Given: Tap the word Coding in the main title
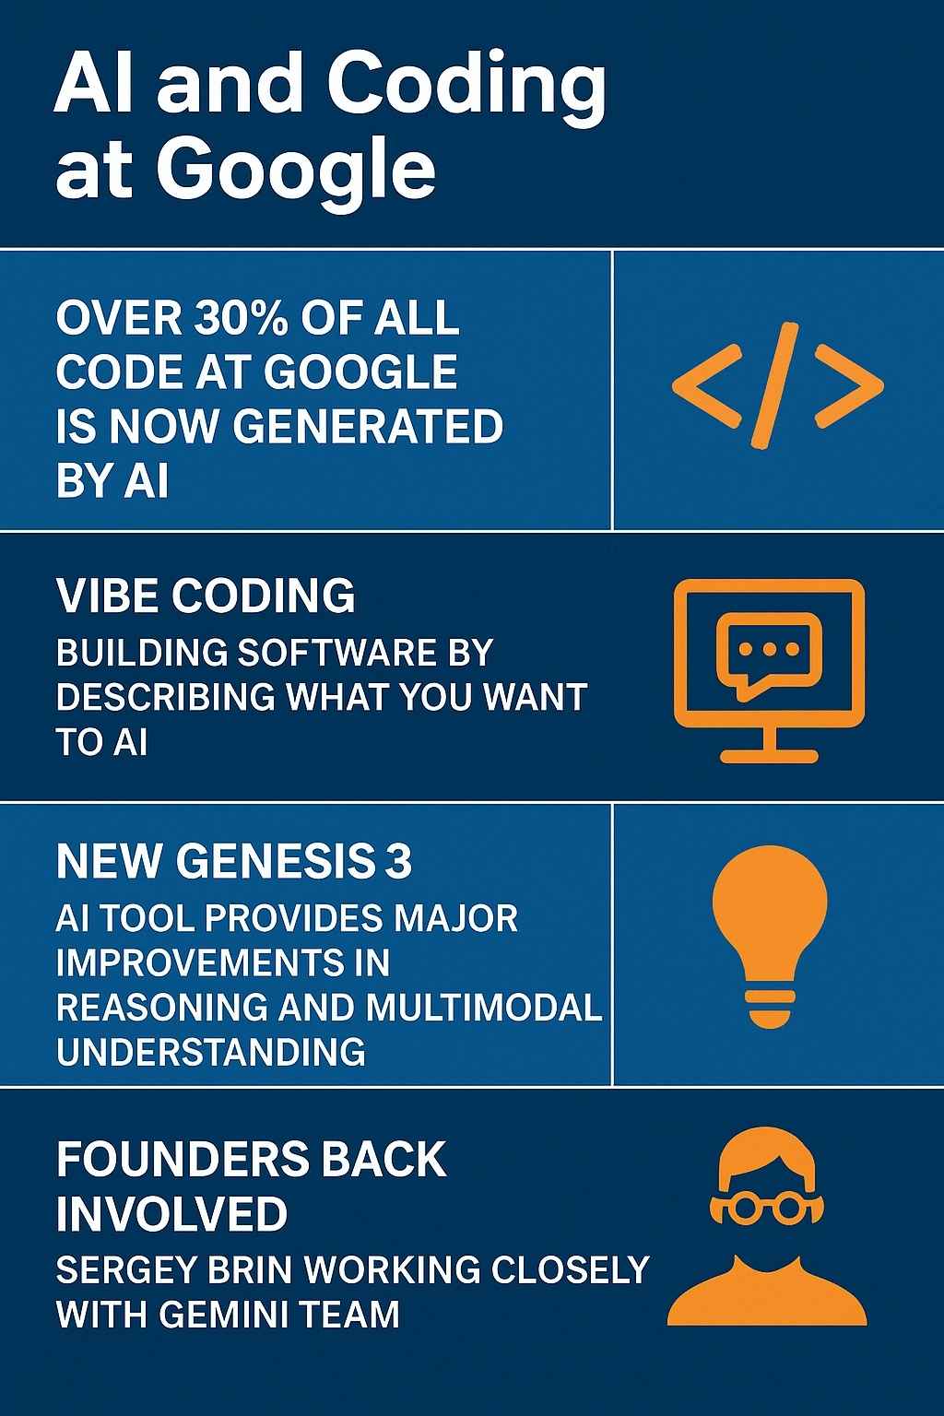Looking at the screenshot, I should [466, 86].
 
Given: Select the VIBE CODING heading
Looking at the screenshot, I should [206, 596].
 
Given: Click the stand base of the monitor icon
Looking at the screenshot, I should [769, 756].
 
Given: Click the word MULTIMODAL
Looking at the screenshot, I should [484, 1008].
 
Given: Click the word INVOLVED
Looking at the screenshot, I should [171, 1214].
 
